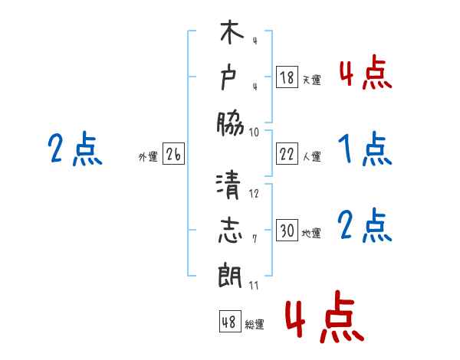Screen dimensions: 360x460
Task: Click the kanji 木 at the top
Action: click(230, 35)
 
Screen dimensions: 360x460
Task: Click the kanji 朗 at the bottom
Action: click(230, 273)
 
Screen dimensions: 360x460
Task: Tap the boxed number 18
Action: click(287, 77)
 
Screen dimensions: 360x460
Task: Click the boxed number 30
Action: click(287, 231)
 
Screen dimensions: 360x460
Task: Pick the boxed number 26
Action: click(173, 155)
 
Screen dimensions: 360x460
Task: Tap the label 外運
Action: click(148, 157)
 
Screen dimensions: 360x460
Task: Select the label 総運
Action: click(255, 324)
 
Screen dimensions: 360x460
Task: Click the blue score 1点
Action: click(364, 149)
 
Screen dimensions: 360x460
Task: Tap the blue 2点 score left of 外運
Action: click(75, 149)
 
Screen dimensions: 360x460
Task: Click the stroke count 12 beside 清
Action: click(254, 194)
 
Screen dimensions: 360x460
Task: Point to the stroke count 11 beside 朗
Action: click(254, 286)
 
